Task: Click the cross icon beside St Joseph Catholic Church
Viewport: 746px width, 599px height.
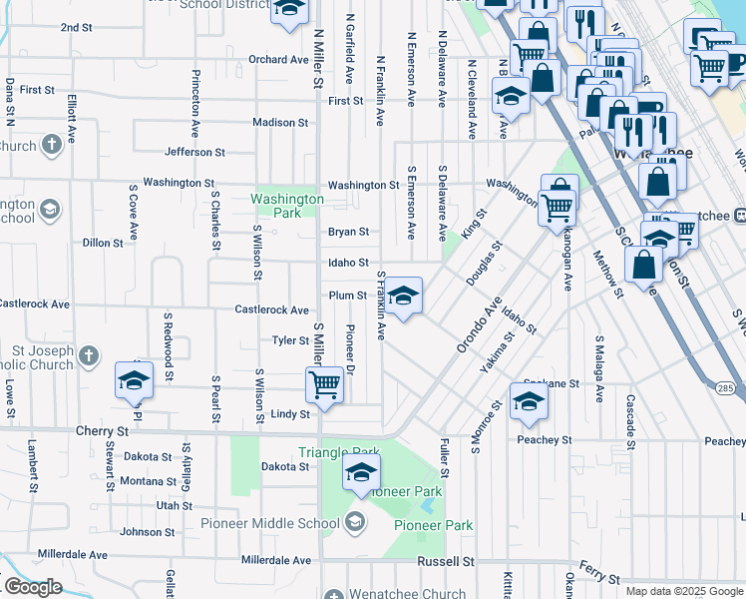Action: click(89, 354)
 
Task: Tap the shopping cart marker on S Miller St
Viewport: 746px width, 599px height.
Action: click(324, 384)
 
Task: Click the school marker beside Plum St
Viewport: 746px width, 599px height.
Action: click(403, 297)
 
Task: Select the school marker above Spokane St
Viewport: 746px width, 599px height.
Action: click(529, 401)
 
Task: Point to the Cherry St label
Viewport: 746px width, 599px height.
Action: click(103, 431)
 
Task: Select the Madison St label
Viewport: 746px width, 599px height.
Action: click(280, 123)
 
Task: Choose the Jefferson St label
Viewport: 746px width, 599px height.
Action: click(194, 153)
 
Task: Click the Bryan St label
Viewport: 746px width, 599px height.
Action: click(348, 232)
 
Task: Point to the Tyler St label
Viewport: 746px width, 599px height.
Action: click(291, 340)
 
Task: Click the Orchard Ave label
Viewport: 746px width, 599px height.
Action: click(279, 60)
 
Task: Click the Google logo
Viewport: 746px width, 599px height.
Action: click(32, 587)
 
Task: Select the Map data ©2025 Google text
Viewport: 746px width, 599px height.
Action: click(683, 591)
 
